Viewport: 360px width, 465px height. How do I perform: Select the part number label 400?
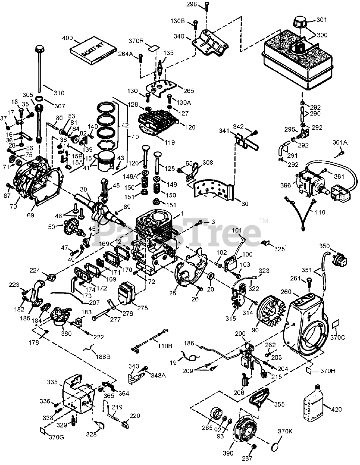coord(68,38)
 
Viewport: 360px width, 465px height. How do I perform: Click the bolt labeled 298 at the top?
coord(206,8)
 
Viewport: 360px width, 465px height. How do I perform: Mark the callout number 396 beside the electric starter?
coord(286,185)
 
